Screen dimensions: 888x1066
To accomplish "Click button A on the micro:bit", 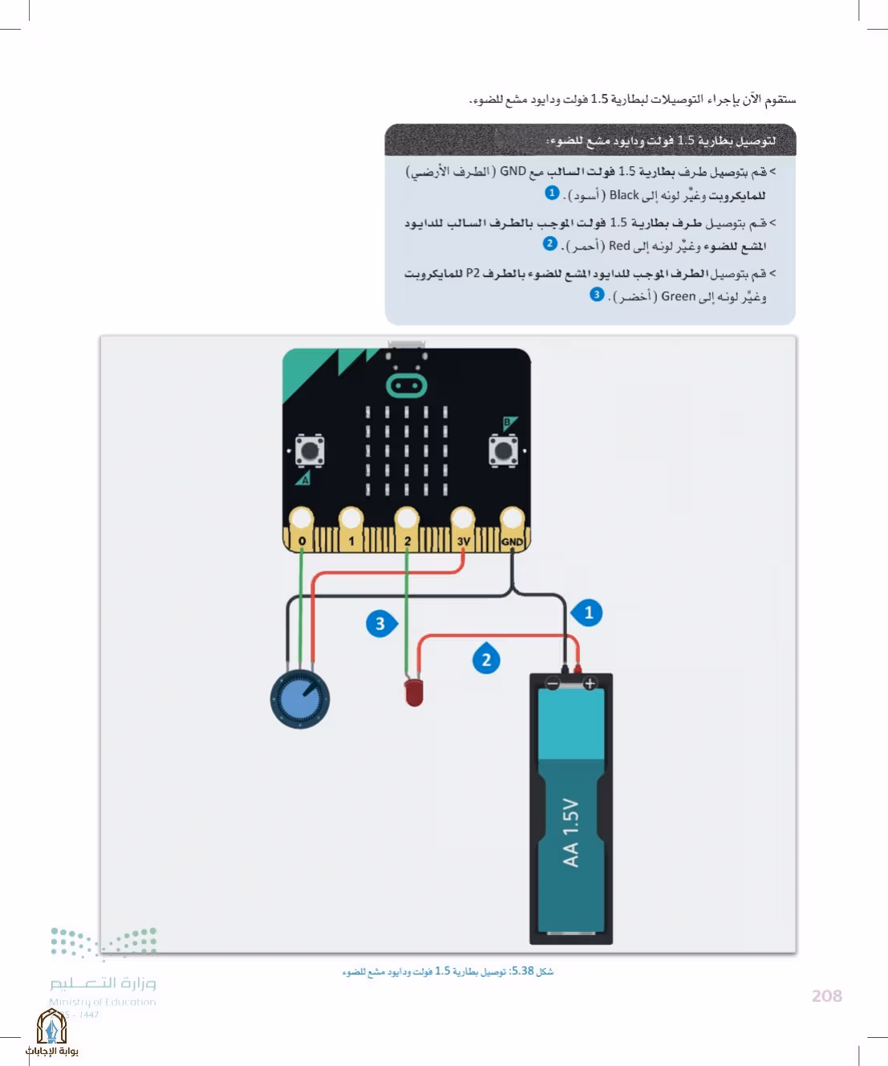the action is pyautogui.click(x=310, y=450).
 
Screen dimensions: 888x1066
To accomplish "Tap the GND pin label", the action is pyautogui.click(x=512, y=542).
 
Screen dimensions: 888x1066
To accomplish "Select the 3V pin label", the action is pyautogui.click(x=464, y=542).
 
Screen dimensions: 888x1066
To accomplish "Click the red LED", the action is pyautogui.click(x=414, y=693).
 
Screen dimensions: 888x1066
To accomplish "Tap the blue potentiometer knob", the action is pyautogui.click(x=300, y=699).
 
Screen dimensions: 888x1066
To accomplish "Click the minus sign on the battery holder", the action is pyautogui.click(x=553, y=683).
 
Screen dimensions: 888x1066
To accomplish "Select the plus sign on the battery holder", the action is pyautogui.click(x=590, y=683).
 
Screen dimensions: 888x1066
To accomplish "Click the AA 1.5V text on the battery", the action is pyautogui.click(x=570, y=832).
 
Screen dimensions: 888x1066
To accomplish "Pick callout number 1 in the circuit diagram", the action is pyautogui.click(x=587, y=612).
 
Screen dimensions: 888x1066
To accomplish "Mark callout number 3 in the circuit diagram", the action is pyautogui.click(x=381, y=624).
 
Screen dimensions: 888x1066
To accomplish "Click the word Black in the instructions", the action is pyautogui.click(x=624, y=195).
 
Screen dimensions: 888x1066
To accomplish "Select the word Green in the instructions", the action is pyautogui.click(x=679, y=296).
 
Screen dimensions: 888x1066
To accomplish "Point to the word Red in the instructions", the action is pyautogui.click(x=619, y=246).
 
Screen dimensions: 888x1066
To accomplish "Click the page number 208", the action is pyautogui.click(x=827, y=995).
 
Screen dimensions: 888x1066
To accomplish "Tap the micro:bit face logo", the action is pyautogui.click(x=406, y=385).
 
